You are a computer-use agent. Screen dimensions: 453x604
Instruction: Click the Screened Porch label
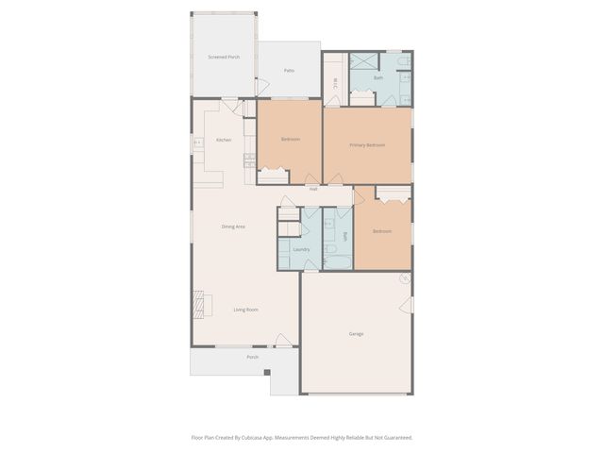click(224, 58)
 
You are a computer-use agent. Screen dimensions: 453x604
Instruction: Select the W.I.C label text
click(335, 84)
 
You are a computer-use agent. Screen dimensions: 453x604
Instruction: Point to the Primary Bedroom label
click(367, 145)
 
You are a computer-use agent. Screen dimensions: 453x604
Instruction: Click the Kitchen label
click(224, 140)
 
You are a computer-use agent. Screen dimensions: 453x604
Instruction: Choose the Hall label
click(312, 189)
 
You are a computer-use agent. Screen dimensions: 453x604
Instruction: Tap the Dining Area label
click(233, 226)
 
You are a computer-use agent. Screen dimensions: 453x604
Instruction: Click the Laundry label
click(301, 249)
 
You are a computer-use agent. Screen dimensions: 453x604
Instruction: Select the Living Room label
click(246, 310)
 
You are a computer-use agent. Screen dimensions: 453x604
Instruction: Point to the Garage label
click(356, 334)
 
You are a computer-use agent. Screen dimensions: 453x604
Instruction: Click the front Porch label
click(253, 357)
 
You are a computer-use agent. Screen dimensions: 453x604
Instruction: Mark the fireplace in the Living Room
click(198, 304)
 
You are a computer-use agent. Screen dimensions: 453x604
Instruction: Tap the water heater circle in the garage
click(404, 278)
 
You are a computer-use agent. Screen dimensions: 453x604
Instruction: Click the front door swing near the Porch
click(282, 340)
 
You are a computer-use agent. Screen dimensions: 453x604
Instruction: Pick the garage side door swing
click(407, 305)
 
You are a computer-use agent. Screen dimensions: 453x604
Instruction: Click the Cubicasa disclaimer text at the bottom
click(302, 437)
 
